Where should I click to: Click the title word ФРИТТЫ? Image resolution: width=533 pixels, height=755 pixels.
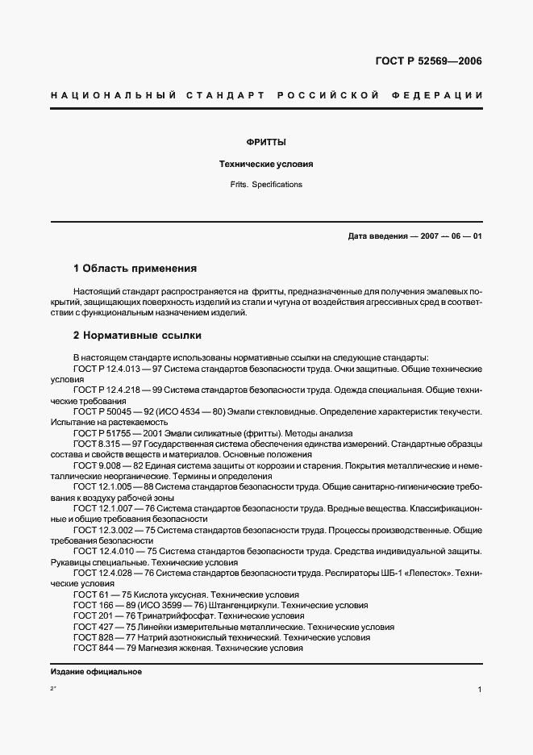click(x=266, y=142)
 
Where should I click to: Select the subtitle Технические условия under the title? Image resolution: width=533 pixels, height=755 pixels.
click(x=266, y=164)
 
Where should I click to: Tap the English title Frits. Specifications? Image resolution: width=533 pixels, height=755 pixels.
click(x=266, y=185)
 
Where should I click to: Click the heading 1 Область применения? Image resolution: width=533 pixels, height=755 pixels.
click(x=135, y=268)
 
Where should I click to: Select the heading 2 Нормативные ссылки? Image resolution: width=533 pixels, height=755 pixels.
click(x=137, y=335)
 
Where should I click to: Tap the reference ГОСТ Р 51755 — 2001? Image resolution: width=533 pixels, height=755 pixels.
click(x=112, y=433)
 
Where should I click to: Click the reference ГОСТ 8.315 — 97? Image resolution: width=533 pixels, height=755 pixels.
click(x=105, y=444)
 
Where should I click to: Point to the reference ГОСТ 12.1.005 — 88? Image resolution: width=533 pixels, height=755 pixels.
click(x=110, y=487)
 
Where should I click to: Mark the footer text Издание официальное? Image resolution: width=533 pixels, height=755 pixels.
click(x=96, y=671)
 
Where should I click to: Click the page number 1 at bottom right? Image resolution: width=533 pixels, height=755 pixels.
click(x=480, y=690)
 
